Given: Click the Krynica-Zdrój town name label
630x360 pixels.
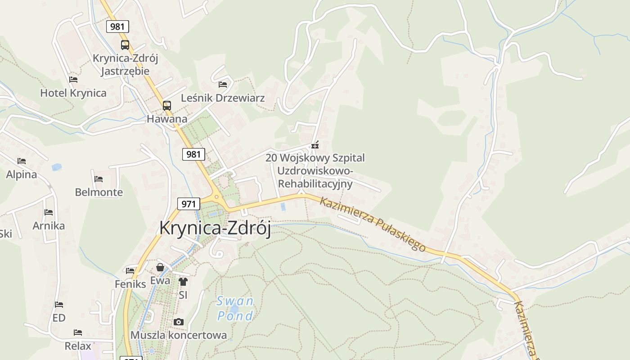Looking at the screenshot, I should (x=215, y=228).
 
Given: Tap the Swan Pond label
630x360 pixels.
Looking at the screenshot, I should (x=235, y=308).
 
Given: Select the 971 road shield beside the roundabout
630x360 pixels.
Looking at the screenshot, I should (x=189, y=204).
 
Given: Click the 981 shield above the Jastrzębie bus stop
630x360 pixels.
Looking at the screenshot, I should (x=117, y=27).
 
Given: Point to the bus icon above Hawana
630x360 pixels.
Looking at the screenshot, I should (x=167, y=106).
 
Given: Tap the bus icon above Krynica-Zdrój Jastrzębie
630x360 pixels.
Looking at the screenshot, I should (x=125, y=45).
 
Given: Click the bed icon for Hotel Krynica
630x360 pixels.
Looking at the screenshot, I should (x=73, y=80).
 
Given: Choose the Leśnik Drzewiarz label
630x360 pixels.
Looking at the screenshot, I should (x=223, y=98).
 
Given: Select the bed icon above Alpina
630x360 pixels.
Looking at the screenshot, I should (x=22, y=161).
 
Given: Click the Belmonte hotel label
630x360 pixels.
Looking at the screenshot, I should (x=99, y=192).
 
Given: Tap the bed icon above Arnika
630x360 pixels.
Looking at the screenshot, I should (x=49, y=212).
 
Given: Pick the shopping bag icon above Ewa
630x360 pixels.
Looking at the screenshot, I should (x=160, y=268).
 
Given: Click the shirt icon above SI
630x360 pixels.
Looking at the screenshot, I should (x=183, y=282).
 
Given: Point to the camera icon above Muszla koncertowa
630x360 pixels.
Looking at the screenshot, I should (x=179, y=322).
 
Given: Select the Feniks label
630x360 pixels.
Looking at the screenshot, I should (x=130, y=284).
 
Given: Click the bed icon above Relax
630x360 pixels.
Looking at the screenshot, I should (x=78, y=333).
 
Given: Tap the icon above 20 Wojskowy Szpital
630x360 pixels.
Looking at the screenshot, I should (x=315, y=145).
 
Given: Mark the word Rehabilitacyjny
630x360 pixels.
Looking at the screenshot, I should (x=315, y=184).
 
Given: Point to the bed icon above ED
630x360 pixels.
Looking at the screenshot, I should (x=59, y=305).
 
